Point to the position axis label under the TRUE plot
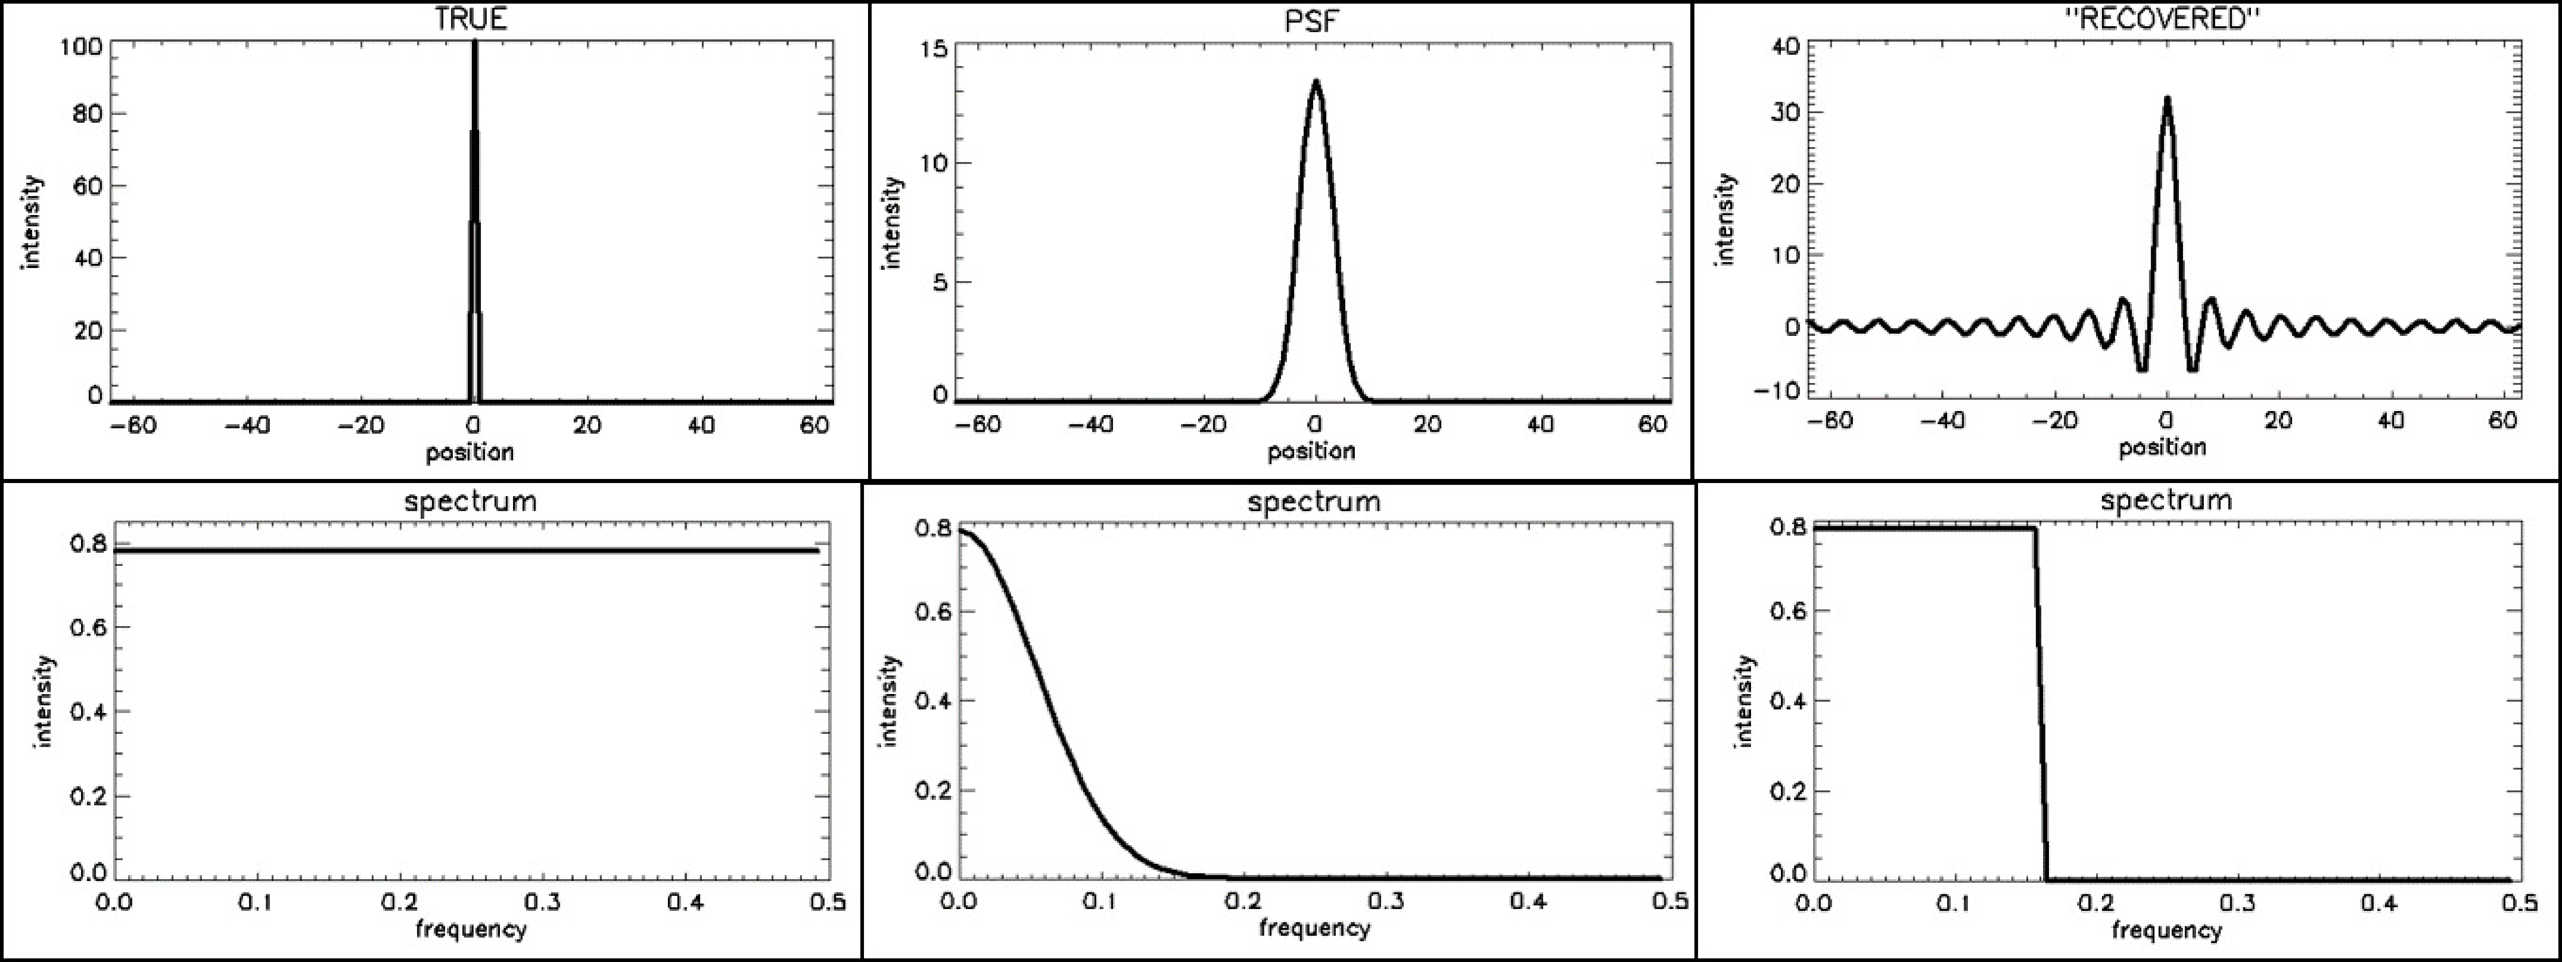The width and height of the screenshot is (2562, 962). pyautogui.click(x=470, y=453)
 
